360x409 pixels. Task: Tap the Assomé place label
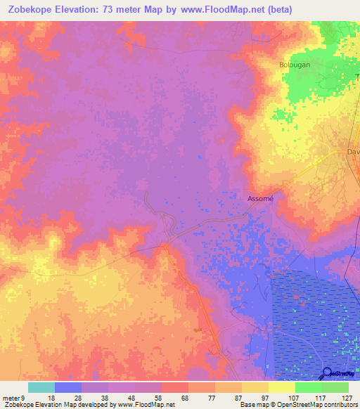point(260,199)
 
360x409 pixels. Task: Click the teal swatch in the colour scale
point(41,387)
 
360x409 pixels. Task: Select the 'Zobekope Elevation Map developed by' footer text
point(58,405)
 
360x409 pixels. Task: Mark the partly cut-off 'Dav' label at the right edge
point(353,152)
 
